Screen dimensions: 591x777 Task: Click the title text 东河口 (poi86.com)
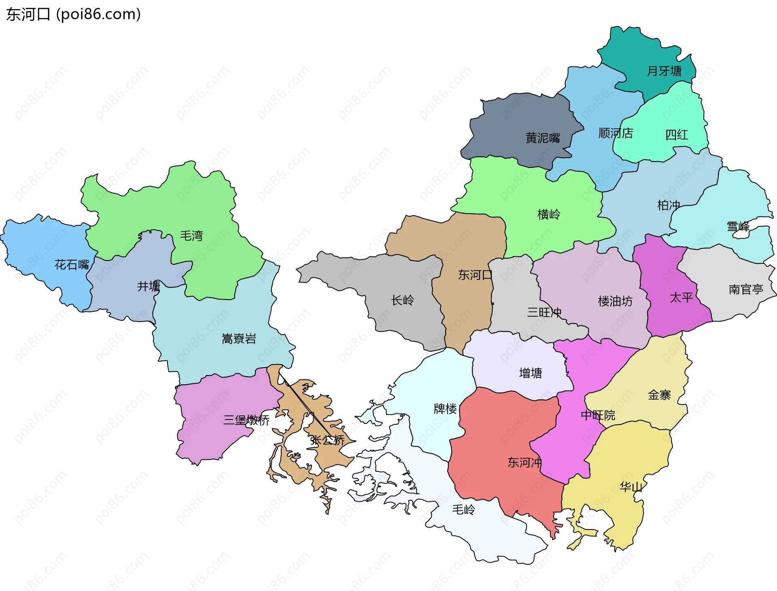73,14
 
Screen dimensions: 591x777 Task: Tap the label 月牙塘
664,71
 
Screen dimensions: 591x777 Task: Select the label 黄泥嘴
543,138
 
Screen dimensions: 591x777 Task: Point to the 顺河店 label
616,133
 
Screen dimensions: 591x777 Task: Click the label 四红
677,135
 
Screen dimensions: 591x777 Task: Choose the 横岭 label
549,214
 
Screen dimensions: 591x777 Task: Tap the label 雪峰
738,227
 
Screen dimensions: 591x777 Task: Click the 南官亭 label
746,290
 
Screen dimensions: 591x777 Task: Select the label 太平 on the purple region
681,298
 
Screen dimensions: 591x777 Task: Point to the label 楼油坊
615,301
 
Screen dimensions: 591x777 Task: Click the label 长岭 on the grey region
403,300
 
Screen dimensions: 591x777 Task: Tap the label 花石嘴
72,265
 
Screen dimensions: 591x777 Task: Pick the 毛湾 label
191,236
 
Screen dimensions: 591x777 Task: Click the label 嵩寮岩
239,339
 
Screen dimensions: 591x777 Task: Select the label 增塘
531,373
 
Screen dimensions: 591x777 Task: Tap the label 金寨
659,395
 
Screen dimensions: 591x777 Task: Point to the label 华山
631,487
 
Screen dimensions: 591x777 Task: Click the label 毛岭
463,509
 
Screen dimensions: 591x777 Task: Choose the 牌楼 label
445,409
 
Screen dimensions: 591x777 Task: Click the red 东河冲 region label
524,462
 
